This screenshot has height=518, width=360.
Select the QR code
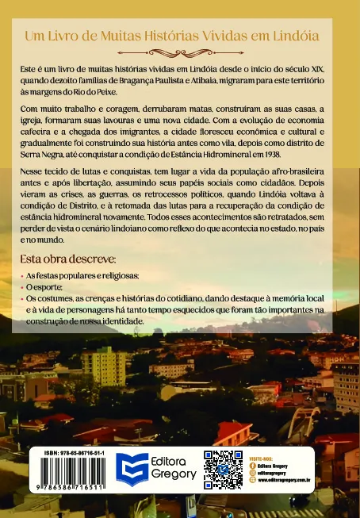tap(223, 469)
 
